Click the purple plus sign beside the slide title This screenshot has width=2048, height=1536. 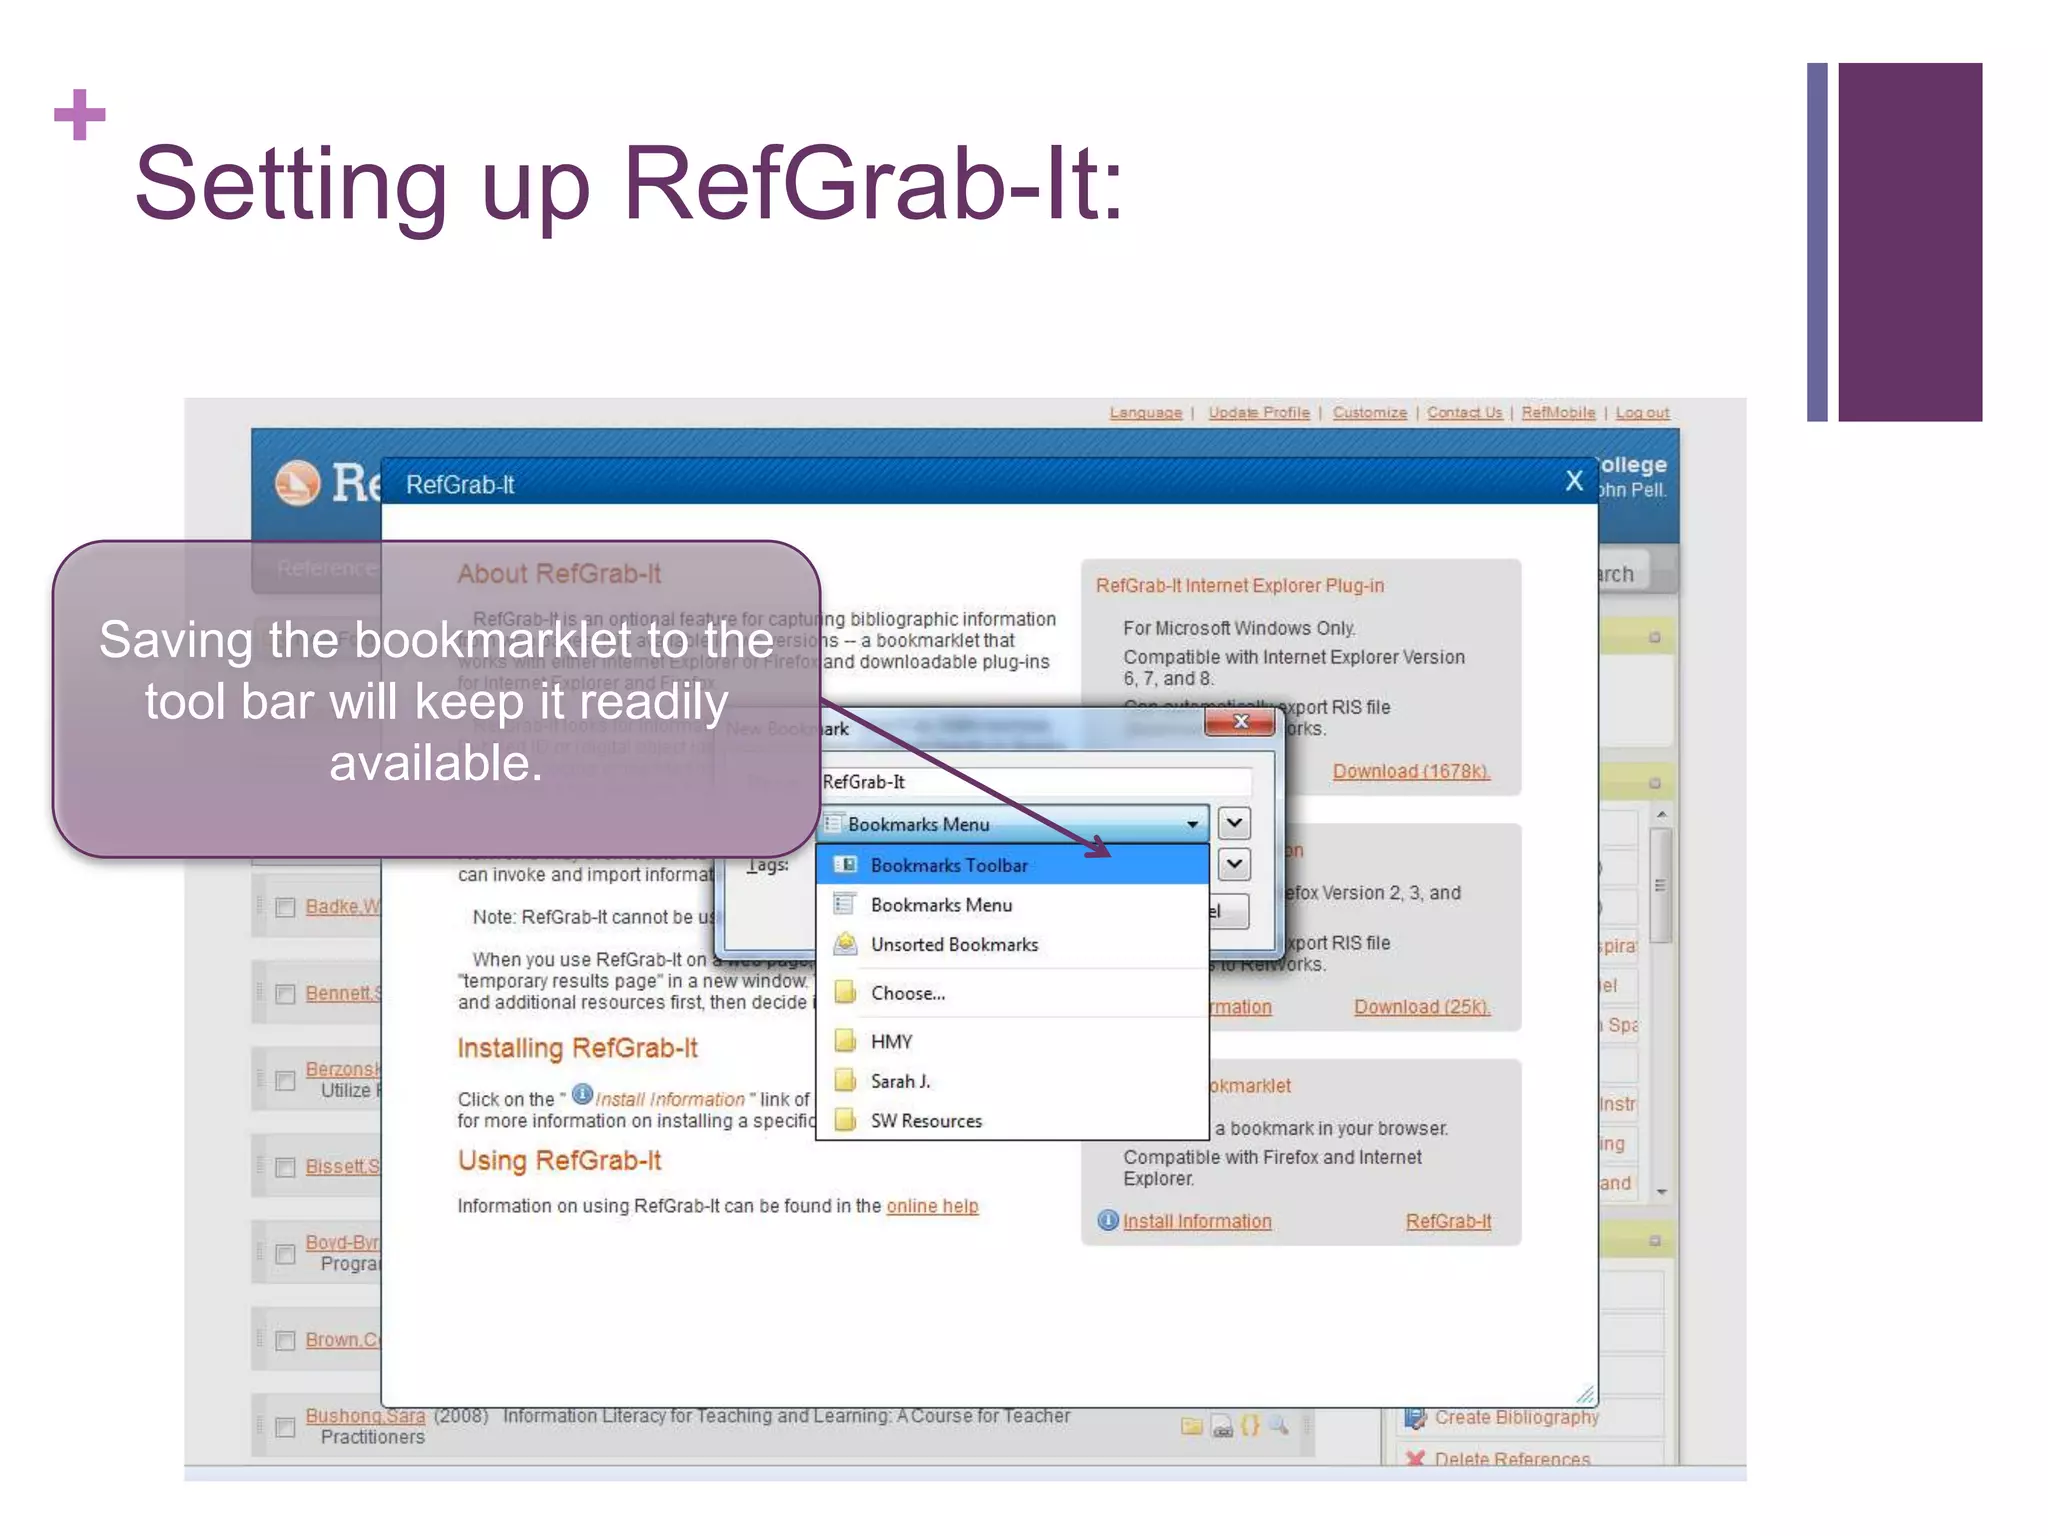(x=80, y=115)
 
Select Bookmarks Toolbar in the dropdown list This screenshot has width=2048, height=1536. (x=948, y=865)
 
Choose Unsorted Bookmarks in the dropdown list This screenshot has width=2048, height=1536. (x=953, y=944)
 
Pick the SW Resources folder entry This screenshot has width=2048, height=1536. (x=925, y=1121)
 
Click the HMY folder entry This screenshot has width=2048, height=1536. (x=890, y=1041)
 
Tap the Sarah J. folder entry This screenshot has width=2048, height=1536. (x=899, y=1081)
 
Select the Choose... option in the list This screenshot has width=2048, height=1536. (x=907, y=993)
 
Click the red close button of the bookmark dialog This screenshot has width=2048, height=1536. (x=1240, y=721)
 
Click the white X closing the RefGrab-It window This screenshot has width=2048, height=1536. (x=1574, y=481)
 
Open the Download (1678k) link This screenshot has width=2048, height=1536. (x=1410, y=771)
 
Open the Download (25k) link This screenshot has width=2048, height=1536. (x=1421, y=1007)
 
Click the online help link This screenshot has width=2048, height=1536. (x=932, y=1206)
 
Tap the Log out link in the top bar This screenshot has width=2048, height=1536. (x=1642, y=413)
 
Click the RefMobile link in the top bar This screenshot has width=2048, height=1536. (x=1558, y=413)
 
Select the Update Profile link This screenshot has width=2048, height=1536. (x=1258, y=413)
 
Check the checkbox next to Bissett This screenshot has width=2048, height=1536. (x=285, y=1167)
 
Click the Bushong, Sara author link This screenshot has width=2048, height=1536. (x=365, y=1416)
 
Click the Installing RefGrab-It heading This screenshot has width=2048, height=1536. (x=577, y=1048)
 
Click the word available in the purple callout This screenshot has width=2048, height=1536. (x=436, y=763)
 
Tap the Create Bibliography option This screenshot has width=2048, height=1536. (x=1515, y=1417)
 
